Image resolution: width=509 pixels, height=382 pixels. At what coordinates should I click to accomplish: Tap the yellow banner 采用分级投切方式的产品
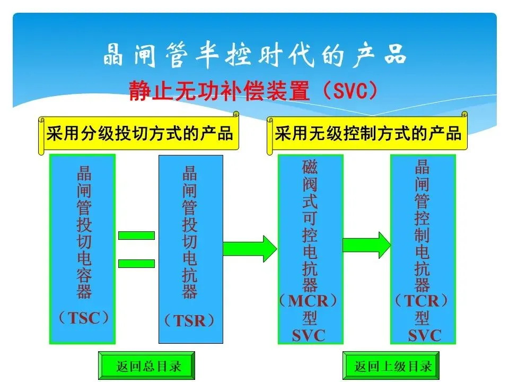(x=139, y=133)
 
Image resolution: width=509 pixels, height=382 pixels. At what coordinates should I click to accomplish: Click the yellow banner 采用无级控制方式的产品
(x=367, y=133)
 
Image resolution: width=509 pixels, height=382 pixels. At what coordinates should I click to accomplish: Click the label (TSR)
(x=190, y=320)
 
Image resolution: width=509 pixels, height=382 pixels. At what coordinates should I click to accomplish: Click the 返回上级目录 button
(x=393, y=366)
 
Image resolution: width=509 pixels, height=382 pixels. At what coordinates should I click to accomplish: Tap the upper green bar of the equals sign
(x=136, y=235)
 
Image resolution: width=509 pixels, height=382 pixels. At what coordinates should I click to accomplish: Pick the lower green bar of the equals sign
(x=136, y=263)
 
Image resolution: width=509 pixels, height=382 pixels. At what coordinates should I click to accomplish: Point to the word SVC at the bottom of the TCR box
(x=424, y=335)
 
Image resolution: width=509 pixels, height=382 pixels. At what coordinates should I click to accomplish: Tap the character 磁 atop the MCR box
(x=310, y=168)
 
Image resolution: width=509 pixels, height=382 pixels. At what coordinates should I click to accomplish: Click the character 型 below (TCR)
(x=423, y=318)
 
